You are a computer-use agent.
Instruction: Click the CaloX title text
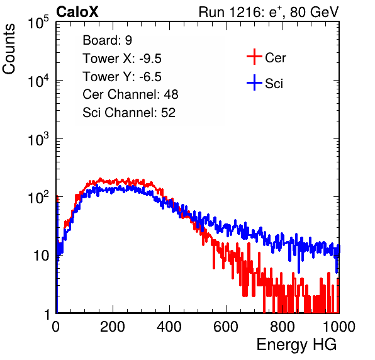(x=77, y=12)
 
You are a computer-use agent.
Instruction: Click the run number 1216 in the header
(x=243, y=12)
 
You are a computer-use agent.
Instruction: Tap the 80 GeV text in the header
(x=314, y=12)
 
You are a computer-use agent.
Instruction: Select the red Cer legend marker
(x=254, y=57)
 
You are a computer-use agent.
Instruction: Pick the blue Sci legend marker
(x=254, y=82)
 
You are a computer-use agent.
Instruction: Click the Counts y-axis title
(x=9, y=49)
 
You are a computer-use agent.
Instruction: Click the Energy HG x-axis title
(x=296, y=345)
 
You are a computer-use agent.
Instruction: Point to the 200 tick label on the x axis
(x=113, y=327)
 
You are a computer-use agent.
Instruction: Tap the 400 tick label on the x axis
(x=169, y=327)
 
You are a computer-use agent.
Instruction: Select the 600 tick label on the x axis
(x=226, y=327)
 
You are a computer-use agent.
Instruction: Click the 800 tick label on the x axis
(x=283, y=327)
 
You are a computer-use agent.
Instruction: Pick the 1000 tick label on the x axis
(x=339, y=327)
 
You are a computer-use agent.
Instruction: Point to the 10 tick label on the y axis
(x=42, y=256)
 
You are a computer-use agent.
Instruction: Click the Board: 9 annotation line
(x=108, y=40)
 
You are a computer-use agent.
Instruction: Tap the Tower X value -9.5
(x=150, y=59)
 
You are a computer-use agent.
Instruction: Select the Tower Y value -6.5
(x=150, y=77)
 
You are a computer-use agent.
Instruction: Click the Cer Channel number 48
(x=171, y=94)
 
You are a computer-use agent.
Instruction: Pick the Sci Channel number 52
(x=168, y=113)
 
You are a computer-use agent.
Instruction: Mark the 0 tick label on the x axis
(x=56, y=327)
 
